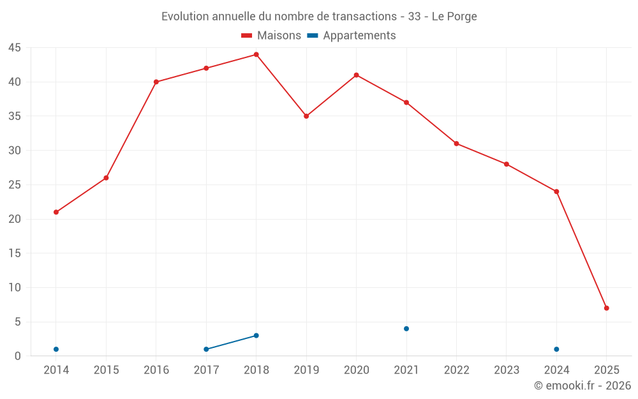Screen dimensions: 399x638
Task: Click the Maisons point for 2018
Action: [256, 54]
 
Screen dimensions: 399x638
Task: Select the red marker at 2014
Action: [56, 212]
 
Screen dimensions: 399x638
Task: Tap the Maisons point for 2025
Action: [606, 308]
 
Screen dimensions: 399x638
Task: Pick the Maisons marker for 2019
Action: [306, 116]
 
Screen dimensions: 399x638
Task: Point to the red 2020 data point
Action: [356, 75]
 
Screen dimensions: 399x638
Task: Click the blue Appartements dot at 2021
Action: [406, 329]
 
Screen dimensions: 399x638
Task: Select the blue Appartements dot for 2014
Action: [56, 349]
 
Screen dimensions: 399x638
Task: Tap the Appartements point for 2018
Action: [256, 335]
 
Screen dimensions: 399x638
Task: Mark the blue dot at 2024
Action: [556, 349]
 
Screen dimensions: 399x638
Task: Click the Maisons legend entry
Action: [271, 36]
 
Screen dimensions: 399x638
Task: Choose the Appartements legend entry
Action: [352, 36]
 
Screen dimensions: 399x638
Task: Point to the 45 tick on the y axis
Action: [15, 48]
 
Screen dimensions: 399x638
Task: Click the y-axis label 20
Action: [15, 219]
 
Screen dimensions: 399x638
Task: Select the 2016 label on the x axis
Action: [156, 370]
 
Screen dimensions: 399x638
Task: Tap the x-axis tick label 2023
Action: [507, 370]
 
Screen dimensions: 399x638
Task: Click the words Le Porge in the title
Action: [454, 17]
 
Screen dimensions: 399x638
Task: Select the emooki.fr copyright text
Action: [582, 386]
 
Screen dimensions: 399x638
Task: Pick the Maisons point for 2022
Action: [456, 144]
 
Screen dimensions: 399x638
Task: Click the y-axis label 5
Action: [18, 322]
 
